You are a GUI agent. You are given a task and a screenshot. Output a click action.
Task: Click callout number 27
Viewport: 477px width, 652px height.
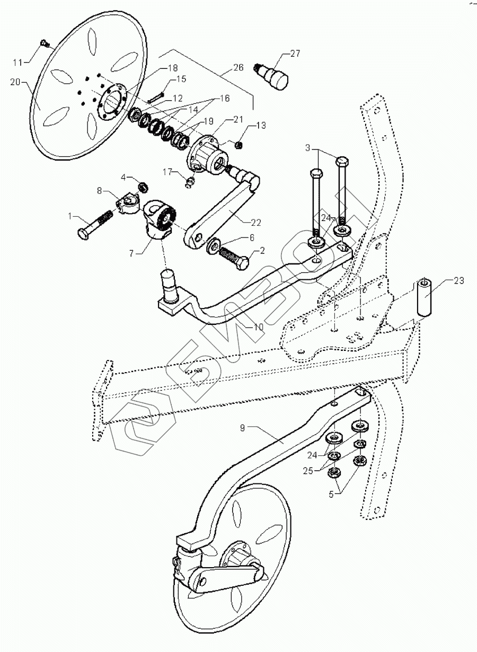click(x=295, y=53)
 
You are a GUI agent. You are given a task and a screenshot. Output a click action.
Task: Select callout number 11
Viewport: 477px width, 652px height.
click(x=17, y=62)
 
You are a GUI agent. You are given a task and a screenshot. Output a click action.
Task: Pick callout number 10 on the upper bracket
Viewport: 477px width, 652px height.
click(x=258, y=327)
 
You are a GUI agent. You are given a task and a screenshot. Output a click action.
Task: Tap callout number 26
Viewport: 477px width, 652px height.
click(x=238, y=68)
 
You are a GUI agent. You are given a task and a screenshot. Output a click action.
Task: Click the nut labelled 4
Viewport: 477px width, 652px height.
click(x=142, y=187)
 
